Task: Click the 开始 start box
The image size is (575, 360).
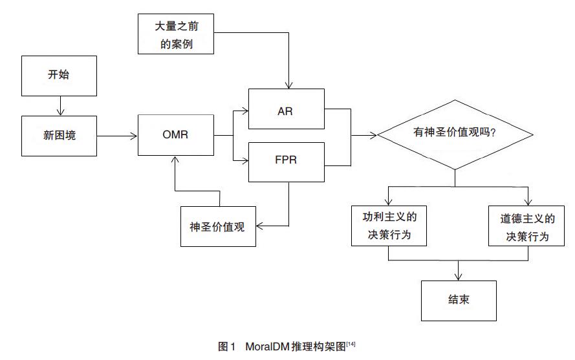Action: [59, 76]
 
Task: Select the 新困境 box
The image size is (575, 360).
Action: [59, 136]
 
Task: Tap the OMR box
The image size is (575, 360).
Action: [176, 135]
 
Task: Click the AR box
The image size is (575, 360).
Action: [287, 109]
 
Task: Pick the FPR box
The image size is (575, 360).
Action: [287, 162]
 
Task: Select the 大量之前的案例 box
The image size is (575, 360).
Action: [176, 34]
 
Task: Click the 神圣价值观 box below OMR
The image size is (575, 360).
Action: [218, 227]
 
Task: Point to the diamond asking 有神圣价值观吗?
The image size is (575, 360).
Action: [455, 134]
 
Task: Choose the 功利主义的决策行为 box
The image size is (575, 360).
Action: [389, 226]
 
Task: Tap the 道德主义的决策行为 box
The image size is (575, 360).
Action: [526, 226]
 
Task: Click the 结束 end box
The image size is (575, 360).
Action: [459, 301]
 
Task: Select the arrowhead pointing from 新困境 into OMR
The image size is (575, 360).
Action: [133, 136]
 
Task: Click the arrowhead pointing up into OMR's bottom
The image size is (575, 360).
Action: [175, 160]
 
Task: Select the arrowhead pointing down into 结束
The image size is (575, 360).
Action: [458, 276]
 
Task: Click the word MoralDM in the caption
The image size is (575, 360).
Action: [267, 346]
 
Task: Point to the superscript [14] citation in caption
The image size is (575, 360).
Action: [351, 344]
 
